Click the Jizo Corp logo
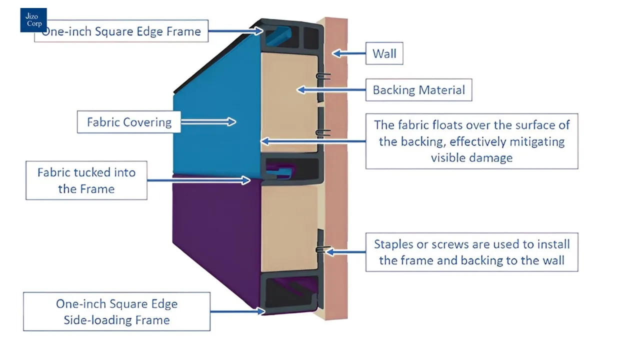[33, 20]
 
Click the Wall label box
[384, 53]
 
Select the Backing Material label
[418, 90]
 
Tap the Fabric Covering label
[129, 122]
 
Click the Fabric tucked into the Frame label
[86, 180]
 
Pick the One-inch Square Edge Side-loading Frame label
[116, 311]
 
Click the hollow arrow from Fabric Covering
[208, 121]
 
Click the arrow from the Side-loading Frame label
[237, 311]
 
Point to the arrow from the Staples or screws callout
[345, 252]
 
